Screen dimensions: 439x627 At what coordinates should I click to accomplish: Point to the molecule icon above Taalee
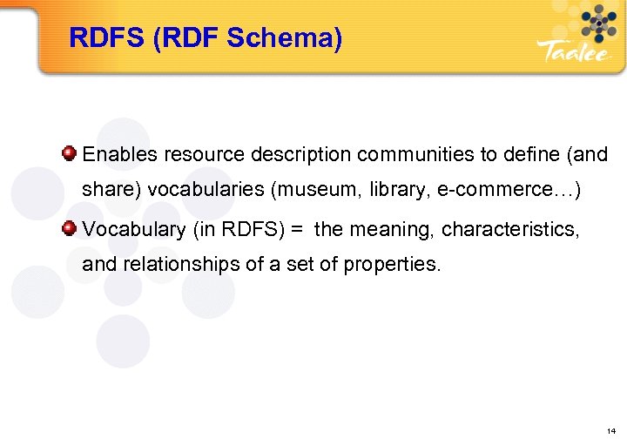[597, 21]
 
